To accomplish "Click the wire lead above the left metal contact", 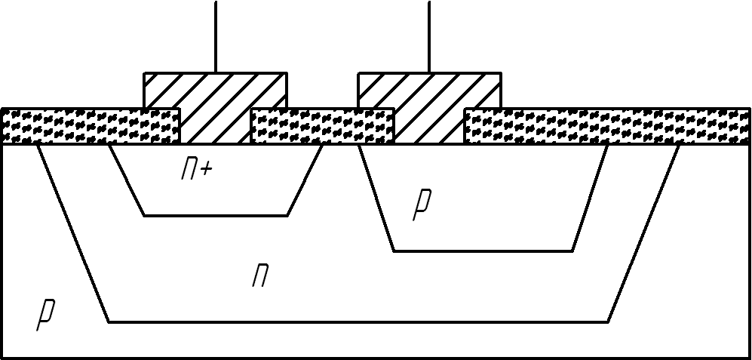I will pos(216,38).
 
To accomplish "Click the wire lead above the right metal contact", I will pos(429,38).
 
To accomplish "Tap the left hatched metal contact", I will pos(215,106).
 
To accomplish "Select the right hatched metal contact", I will pos(429,106).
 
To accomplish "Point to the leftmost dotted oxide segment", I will pos(91,126).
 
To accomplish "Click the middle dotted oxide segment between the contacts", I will pos(322,126).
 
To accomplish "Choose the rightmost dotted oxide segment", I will pos(607,126).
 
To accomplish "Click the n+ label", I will pos(196,170).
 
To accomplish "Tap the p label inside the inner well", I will pos(422,205).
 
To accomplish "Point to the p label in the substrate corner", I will pos(46,314).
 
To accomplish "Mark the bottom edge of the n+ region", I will pos(216,216).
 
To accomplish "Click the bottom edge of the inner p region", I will pos(483,251).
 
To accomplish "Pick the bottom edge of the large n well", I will pos(358,322).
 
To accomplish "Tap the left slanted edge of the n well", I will pos(73,232).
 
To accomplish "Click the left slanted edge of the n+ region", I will pos(127,180).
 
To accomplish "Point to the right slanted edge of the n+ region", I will pos(305,180).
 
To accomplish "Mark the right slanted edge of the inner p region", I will pos(591,197).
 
